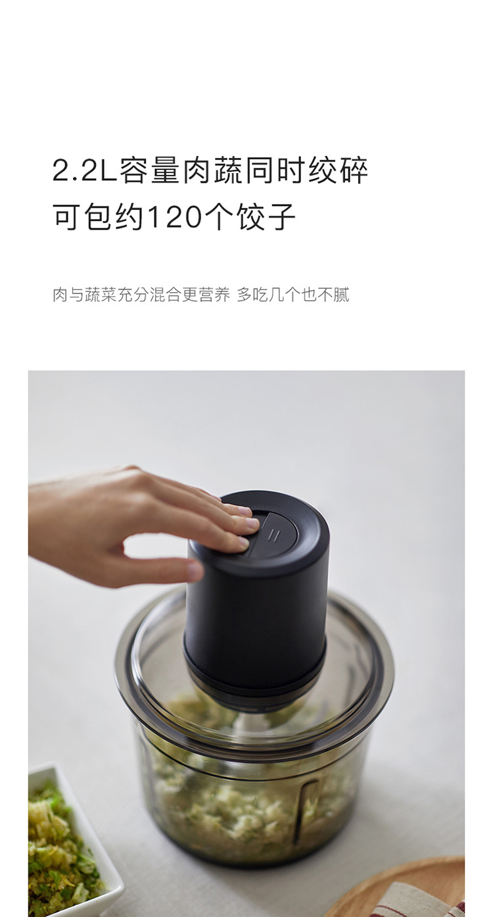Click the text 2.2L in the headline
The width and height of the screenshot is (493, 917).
[84, 170]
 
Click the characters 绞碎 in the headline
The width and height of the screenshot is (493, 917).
[339, 170]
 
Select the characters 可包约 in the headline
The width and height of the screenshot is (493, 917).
[98, 216]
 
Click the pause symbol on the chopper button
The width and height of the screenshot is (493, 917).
[273, 535]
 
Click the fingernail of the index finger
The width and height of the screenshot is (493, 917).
[253, 523]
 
